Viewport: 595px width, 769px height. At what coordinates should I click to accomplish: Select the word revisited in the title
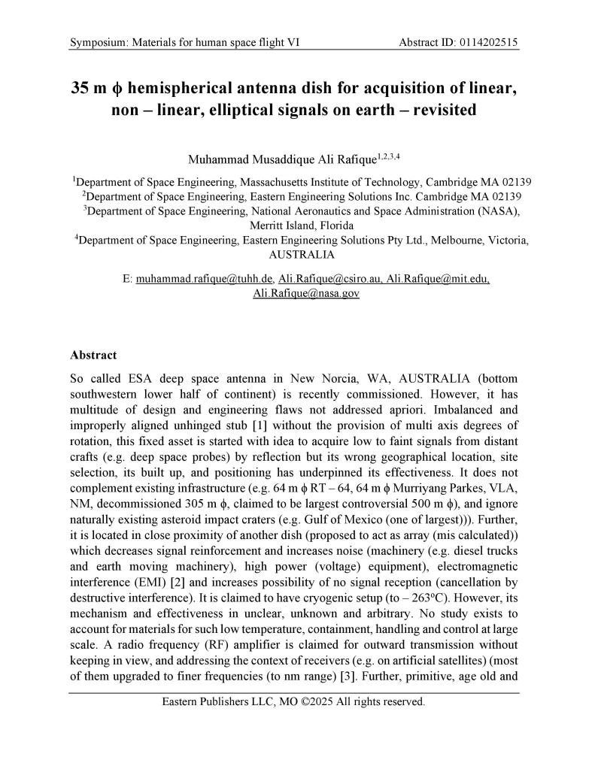tap(440, 110)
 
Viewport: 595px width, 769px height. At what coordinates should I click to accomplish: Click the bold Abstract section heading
tap(93, 354)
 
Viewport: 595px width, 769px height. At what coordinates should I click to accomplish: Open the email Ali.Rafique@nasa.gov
tap(306, 293)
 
